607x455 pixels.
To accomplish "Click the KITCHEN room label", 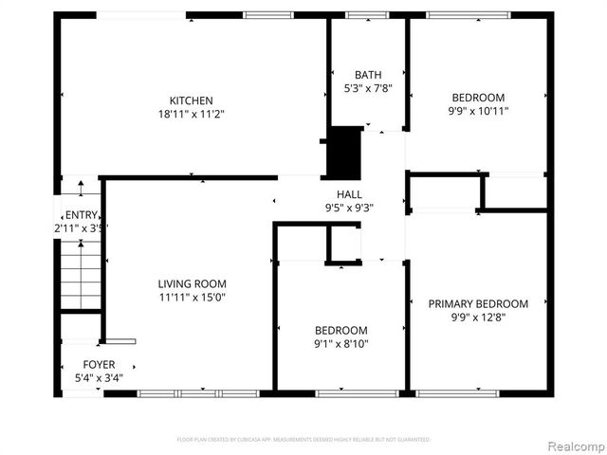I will [x=191, y=100].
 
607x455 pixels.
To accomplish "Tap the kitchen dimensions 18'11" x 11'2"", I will [x=191, y=114].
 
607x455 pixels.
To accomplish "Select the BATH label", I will [x=367, y=75].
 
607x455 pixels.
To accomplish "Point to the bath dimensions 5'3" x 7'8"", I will [x=367, y=88].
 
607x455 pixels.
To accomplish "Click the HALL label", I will [x=350, y=194].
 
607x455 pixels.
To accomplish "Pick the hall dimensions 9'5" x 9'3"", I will [x=350, y=208].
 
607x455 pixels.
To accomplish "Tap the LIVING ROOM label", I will [x=192, y=283].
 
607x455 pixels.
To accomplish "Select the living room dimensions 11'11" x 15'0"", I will [x=192, y=297].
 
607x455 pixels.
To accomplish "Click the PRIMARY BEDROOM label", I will [x=478, y=304].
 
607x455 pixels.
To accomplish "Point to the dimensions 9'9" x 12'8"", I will [x=478, y=318].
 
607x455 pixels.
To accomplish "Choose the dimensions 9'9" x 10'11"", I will [x=478, y=111].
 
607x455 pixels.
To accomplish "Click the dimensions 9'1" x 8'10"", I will [x=340, y=344].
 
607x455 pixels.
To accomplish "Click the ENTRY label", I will [x=75, y=214].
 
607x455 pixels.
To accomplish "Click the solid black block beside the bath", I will [x=344, y=152].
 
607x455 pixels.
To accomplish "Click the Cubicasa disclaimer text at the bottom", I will [x=303, y=440].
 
